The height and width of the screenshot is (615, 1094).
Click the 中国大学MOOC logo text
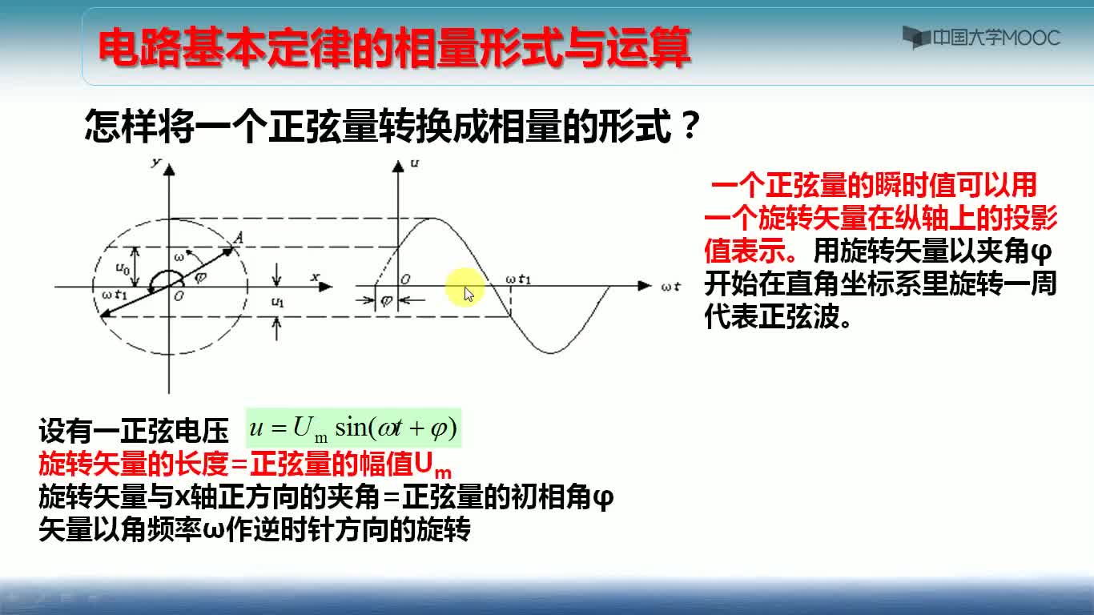[996, 38]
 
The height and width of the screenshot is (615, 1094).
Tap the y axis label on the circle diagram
[156, 163]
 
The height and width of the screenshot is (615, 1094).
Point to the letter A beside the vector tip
[238, 238]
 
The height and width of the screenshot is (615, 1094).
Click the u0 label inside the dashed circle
[122, 268]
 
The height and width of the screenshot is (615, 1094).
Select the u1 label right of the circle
[277, 302]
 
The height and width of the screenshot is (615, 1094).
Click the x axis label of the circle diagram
[315, 277]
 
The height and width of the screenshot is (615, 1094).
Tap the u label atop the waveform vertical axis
[414, 163]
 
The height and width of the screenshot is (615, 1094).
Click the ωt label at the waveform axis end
[670, 286]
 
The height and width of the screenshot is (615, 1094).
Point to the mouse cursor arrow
[469, 294]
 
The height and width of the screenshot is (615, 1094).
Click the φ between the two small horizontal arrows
[386, 301]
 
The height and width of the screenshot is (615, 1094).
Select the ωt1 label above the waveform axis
[518, 279]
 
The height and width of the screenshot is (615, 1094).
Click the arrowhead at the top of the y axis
[169, 170]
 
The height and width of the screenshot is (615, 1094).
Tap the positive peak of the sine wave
[432, 219]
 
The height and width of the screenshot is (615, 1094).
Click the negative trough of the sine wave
[551, 352]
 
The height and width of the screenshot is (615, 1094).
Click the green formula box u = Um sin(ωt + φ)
[353, 428]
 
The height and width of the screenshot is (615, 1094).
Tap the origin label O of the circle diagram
[179, 296]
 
